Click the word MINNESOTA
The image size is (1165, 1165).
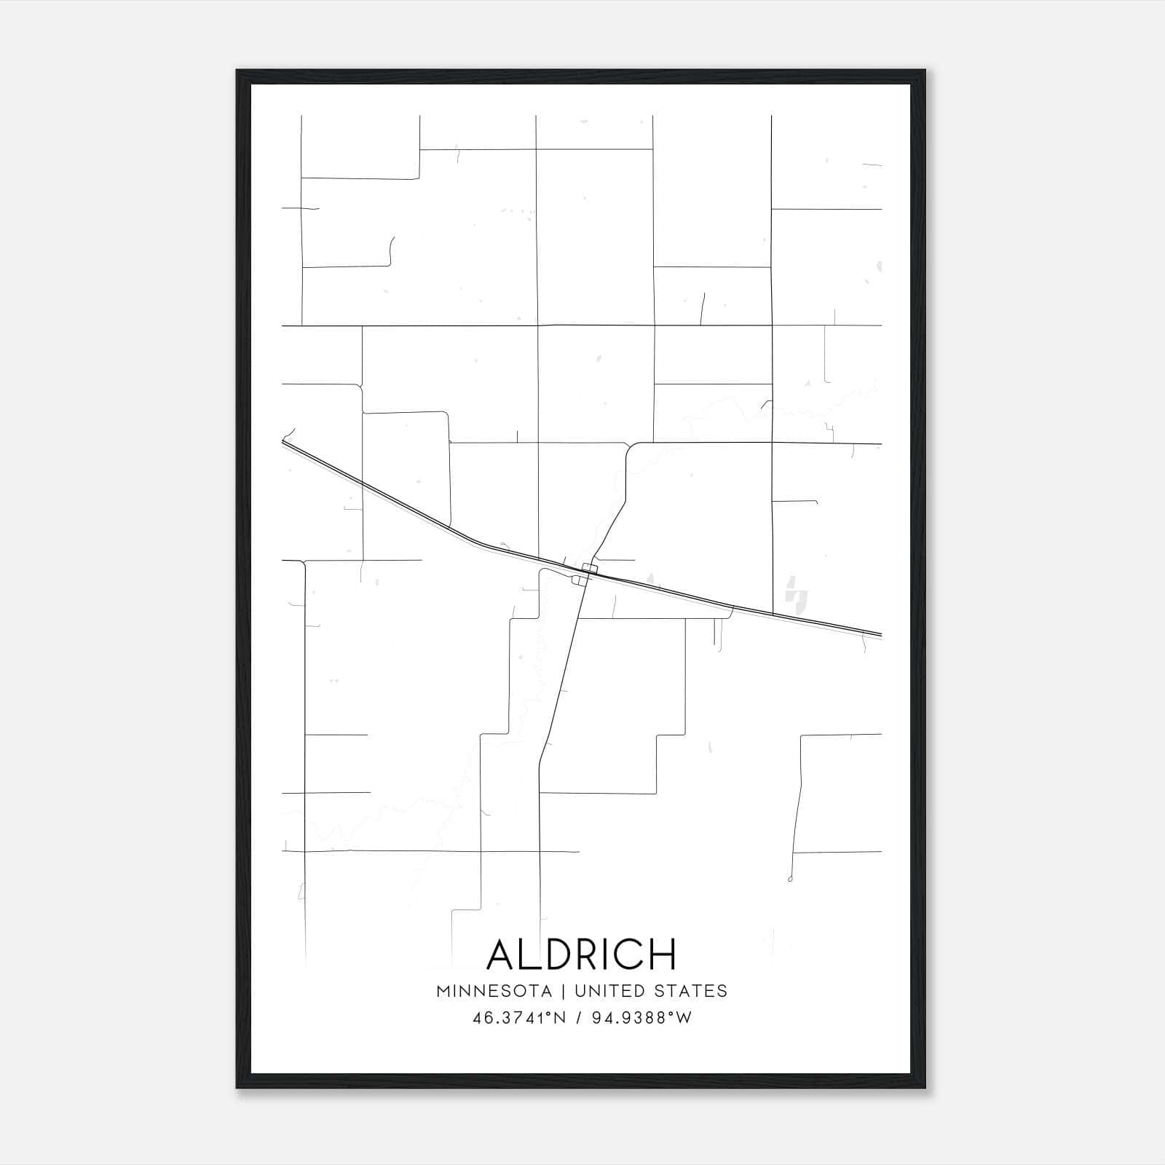point(494,991)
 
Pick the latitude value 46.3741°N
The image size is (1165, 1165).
point(519,1018)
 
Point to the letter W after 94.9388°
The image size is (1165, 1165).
point(684,1018)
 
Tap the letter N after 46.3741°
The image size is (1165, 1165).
point(560,1018)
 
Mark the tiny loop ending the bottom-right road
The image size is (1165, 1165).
point(790,880)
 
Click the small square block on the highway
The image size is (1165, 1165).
point(590,568)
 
